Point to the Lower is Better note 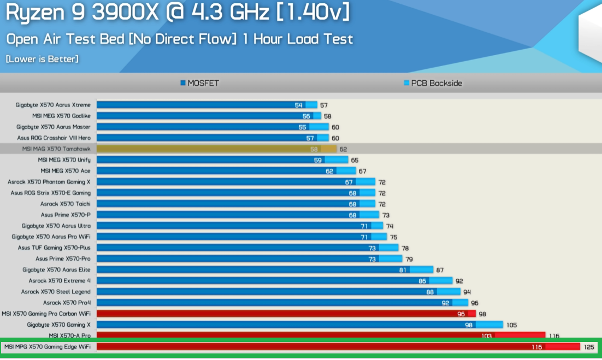pos(42,59)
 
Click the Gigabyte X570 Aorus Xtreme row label pos(53,105)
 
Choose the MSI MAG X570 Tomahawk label pos(56,149)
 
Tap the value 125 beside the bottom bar pos(589,347)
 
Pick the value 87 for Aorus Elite pos(440,270)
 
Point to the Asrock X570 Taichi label pos(66,204)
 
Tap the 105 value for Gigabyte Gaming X pos(511,325)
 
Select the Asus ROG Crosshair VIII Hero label pos(54,138)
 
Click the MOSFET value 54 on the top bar pos(298,105)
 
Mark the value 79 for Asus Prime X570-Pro pos(409,259)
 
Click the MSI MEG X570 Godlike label pos(61,116)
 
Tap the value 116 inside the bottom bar pos(536,347)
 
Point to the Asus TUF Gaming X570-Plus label pos(54,247)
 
